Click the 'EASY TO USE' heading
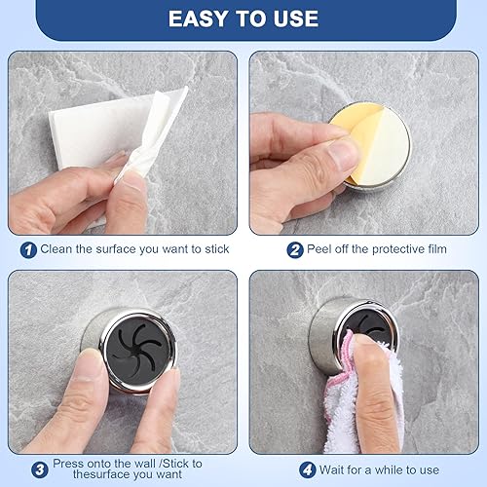243,19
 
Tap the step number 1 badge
28,250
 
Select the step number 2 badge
295,250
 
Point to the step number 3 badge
40,469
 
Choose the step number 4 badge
307,469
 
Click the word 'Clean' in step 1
56,249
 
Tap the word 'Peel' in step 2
319,249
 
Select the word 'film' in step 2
437,249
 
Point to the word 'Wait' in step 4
332,469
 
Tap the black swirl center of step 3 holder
138,351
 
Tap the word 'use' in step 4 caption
430,470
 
